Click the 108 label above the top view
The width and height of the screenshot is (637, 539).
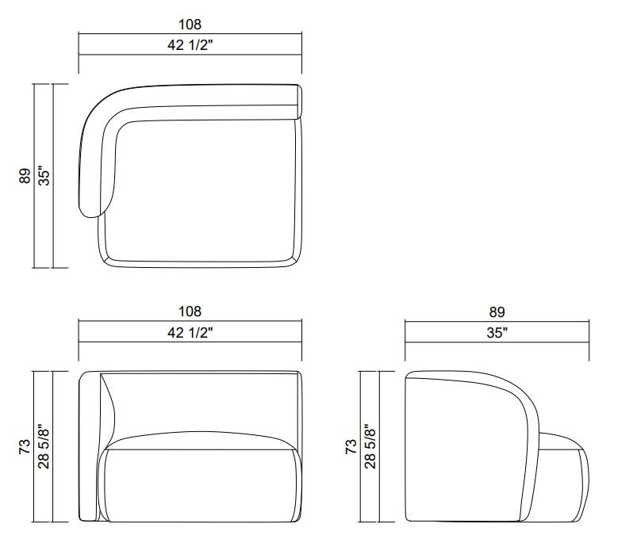point(190,25)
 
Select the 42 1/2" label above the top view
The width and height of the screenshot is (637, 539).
point(190,44)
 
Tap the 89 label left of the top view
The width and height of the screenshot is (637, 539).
point(25,176)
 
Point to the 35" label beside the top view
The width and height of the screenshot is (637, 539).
point(44,175)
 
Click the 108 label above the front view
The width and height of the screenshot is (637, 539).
point(190,312)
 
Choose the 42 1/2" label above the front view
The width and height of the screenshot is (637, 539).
point(190,332)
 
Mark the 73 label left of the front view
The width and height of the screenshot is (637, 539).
point(25,446)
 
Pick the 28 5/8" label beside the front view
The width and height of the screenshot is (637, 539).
point(44,446)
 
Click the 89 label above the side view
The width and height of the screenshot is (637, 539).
point(497,312)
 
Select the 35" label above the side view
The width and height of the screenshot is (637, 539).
point(497,332)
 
